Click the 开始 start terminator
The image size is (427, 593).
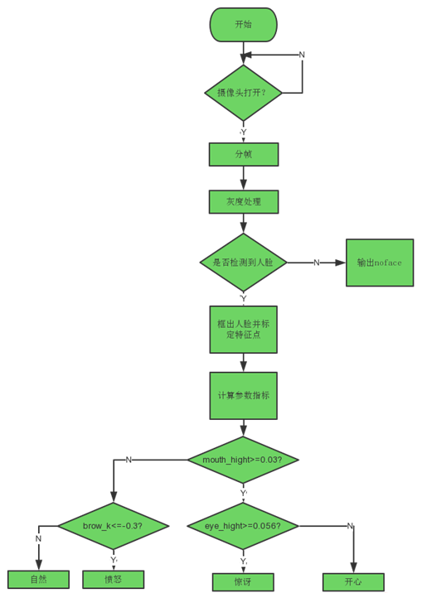coord(243,25)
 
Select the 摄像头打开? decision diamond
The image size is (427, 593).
coord(243,93)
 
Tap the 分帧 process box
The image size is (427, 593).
coord(243,154)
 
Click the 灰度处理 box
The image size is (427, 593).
coord(243,202)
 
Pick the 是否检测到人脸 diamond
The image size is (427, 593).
coord(243,263)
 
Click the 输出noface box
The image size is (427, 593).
coord(379,263)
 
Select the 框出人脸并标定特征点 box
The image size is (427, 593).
coord(243,330)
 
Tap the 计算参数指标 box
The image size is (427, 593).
coord(243,395)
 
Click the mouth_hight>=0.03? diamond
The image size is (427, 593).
coord(242,460)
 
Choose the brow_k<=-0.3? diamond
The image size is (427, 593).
coord(114,526)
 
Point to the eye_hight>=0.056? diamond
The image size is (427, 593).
coord(242,526)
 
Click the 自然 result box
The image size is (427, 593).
coord(38,579)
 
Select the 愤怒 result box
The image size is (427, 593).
coord(114,579)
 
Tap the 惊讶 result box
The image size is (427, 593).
coord(242,581)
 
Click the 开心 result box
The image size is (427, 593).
coord(353,581)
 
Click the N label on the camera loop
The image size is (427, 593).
coord(302,55)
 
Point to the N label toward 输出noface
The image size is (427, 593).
coord(316,263)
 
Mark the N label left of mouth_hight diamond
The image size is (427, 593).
coord(129,460)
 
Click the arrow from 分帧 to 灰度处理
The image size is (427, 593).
coord(243,178)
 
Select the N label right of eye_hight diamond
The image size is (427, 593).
coord(350,526)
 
